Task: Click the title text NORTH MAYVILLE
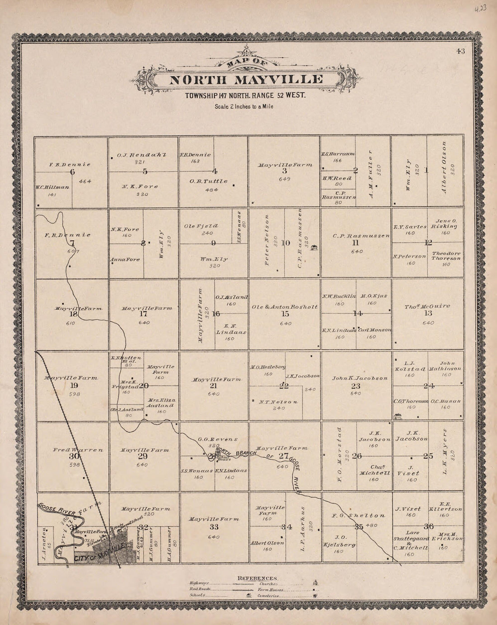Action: click(246, 80)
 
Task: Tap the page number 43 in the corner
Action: click(460, 51)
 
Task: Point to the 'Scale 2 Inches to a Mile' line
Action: click(244, 107)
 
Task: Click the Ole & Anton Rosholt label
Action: click(285, 307)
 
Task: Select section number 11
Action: click(356, 243)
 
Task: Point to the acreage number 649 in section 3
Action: click(284, 179)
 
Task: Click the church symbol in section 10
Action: click(315, 247)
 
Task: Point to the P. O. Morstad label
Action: click(339, 454)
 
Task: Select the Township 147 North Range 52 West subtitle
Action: click(245, 95)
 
